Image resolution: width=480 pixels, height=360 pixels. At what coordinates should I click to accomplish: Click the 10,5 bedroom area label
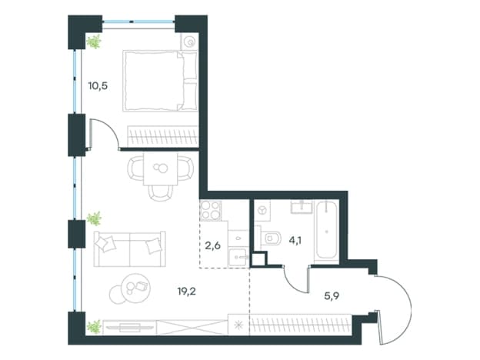tap(98, 86)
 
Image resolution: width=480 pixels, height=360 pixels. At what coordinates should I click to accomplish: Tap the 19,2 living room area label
tap(186, 291)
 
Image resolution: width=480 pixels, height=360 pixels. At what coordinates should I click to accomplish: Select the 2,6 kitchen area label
tap(213, 245)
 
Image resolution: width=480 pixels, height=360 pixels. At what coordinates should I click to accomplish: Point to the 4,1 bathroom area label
tap(295, 240)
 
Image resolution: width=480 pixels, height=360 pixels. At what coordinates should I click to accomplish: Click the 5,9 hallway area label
tap(332, 295)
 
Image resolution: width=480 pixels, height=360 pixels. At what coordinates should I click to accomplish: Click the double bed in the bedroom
tap(160, 81)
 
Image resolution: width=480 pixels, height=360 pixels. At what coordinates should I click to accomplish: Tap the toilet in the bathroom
tap(271, 238)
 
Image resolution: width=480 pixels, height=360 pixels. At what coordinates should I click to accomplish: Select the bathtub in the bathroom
tap(327, 231)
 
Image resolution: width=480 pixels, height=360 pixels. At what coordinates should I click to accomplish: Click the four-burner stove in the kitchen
tap(211, 210)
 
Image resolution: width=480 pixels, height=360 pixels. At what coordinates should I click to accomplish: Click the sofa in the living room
tap(130, 249)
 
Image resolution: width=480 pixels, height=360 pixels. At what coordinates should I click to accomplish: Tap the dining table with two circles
tap(161, 168)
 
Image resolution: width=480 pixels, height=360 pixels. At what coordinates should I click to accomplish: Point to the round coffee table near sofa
tap(135, 288)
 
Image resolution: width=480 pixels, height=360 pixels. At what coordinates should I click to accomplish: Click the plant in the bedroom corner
tap(94, 42)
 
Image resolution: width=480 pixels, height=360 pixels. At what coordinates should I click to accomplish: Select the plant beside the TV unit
tap(94, 326)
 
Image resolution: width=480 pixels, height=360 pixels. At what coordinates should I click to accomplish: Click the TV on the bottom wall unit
tap(129, 327)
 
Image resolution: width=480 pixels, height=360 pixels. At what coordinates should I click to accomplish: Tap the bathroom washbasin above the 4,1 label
tap(302, 207)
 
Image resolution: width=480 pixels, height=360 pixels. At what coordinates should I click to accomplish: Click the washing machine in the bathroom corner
tap(262, 210)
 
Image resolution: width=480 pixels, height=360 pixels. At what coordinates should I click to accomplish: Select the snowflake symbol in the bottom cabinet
tap(238, 325)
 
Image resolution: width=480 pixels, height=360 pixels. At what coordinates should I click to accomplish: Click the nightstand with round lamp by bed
tap(190, 42)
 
